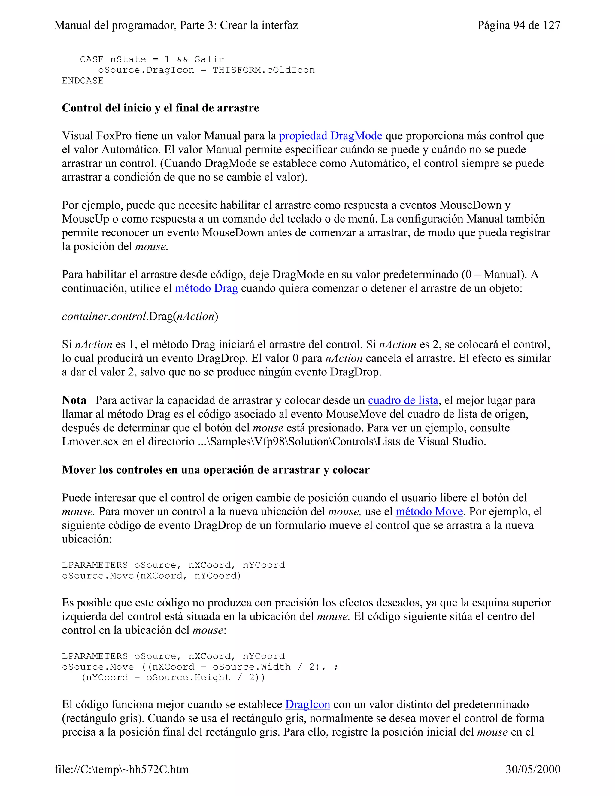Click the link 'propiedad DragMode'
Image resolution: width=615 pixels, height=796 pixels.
pyautogui.click(x=330, y=136)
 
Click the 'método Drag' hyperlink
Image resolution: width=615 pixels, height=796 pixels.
pyautogui.click(x=206, y=288)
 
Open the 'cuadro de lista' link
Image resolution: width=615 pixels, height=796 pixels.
pyautogui.click(x=403, y=400)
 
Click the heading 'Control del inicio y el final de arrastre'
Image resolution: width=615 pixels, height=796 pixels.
pyautogui.click(x=160, y=108)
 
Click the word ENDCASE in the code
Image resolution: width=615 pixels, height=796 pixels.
pyautogui.click(x=83, y=81)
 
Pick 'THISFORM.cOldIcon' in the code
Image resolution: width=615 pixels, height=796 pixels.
pyautogui.click(x=263, y=70)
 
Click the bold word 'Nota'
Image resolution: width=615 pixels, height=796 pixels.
pyautogui.click(x=74, y=400)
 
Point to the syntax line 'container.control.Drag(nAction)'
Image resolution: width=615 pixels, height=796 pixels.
pyautogui.click(x=140, y=316)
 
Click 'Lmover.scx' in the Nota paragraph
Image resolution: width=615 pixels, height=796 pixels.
pyautogui.click(x=90, y=442)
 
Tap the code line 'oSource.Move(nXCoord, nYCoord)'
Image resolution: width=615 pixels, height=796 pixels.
pyautogui.click(x=152, y=576)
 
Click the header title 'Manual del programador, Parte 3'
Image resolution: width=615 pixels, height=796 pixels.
pyautogui.click(x=176, y=25)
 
